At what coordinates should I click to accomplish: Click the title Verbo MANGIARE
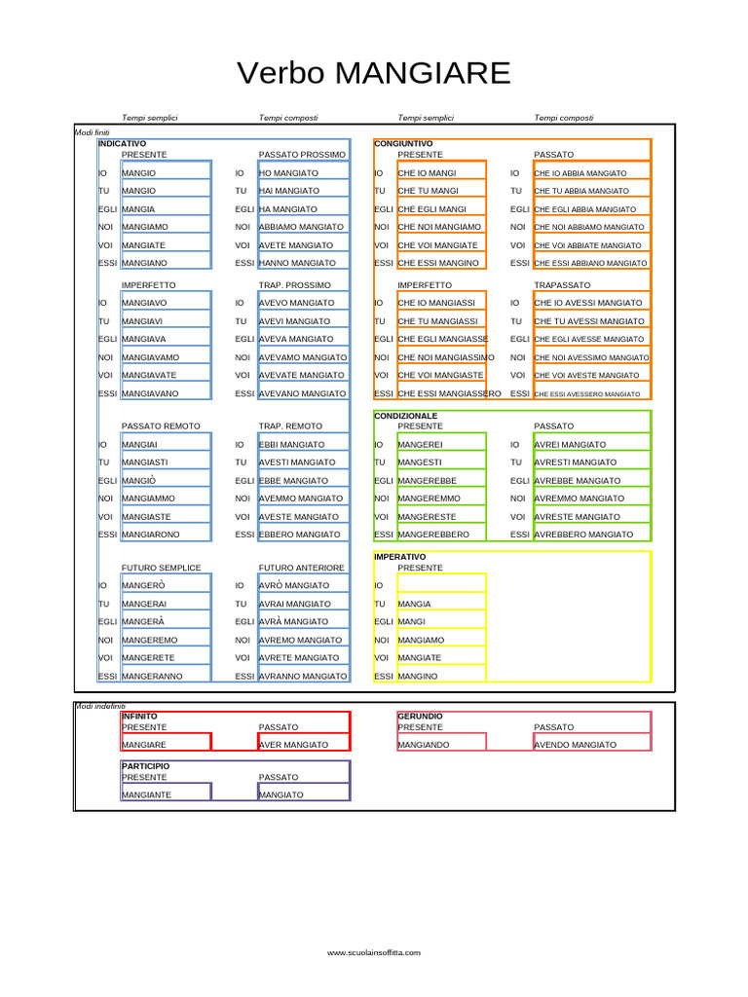tap(374, 73)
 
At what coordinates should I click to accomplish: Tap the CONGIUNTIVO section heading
tap(403, 143)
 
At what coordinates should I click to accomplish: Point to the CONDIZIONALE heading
tap(406, 416)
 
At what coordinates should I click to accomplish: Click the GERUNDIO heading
tap(420, 716)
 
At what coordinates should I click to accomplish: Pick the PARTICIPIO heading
tap(145, 766)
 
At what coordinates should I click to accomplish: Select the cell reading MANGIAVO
tap(144, 303)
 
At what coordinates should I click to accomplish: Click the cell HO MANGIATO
tap(288, 173)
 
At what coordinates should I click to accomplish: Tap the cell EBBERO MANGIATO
tap(300, 535)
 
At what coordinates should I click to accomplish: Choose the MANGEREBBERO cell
tap(433, 535)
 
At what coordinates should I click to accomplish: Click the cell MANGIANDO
tap(424, 745)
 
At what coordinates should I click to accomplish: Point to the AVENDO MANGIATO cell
tap(575, 745)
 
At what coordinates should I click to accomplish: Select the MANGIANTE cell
tap(146, 795)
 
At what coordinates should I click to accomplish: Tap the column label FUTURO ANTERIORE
tap(301, 568)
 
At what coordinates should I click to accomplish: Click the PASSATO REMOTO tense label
tap(161, 426)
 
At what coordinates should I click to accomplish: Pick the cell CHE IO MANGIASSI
tap(437, 303)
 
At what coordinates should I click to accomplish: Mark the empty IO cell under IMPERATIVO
tap(440, 585)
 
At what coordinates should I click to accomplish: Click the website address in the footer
tap(374, 953)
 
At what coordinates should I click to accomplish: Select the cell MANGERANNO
tap(151, 676)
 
